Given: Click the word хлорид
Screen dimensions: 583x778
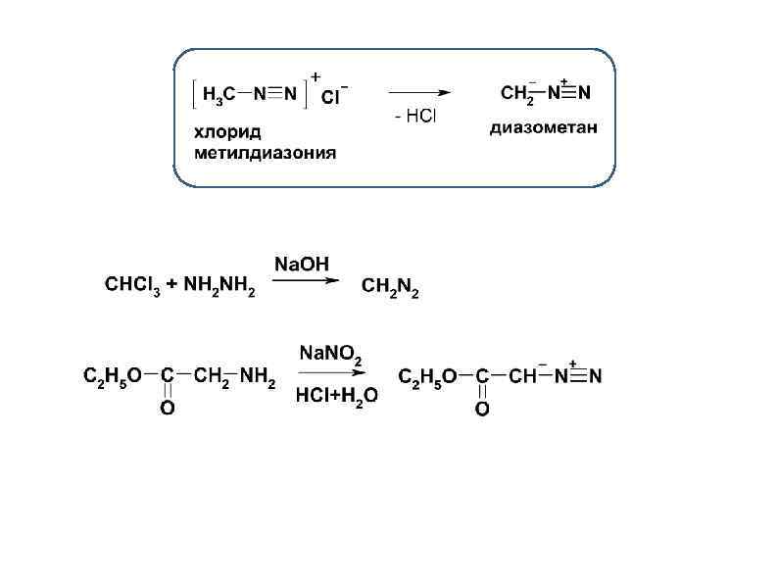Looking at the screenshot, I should (226, 133).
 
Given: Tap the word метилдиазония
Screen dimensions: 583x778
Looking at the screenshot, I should (264, 153).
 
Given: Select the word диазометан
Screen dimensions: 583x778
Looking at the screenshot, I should (544, 128).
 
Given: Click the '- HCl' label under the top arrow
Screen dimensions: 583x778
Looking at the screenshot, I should (414, 117).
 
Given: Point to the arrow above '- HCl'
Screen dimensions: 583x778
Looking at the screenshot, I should (415, 93).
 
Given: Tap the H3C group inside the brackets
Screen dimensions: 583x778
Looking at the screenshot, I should (219, 94).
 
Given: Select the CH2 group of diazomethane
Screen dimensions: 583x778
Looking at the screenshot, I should (517, 94).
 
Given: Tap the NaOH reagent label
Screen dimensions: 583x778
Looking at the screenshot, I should (302, 265).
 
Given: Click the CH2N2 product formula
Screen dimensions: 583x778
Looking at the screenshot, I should (390, 287).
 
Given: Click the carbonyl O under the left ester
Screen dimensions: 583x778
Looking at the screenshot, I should (168, 409).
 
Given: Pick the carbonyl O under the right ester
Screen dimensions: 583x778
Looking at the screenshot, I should (482, 409).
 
